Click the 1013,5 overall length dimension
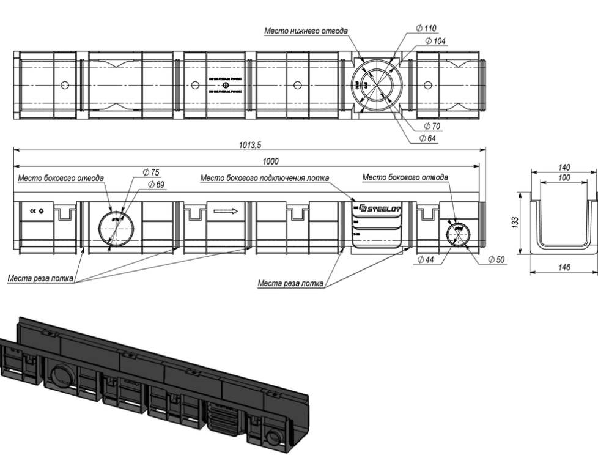pos(251,146)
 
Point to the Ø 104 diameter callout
pos(435,40)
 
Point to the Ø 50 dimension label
pos(496,260)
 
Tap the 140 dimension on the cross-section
pos(564,166)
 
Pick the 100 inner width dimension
pos(564,177)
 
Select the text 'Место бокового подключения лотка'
pos(265,178)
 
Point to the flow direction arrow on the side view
pos(225,212)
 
